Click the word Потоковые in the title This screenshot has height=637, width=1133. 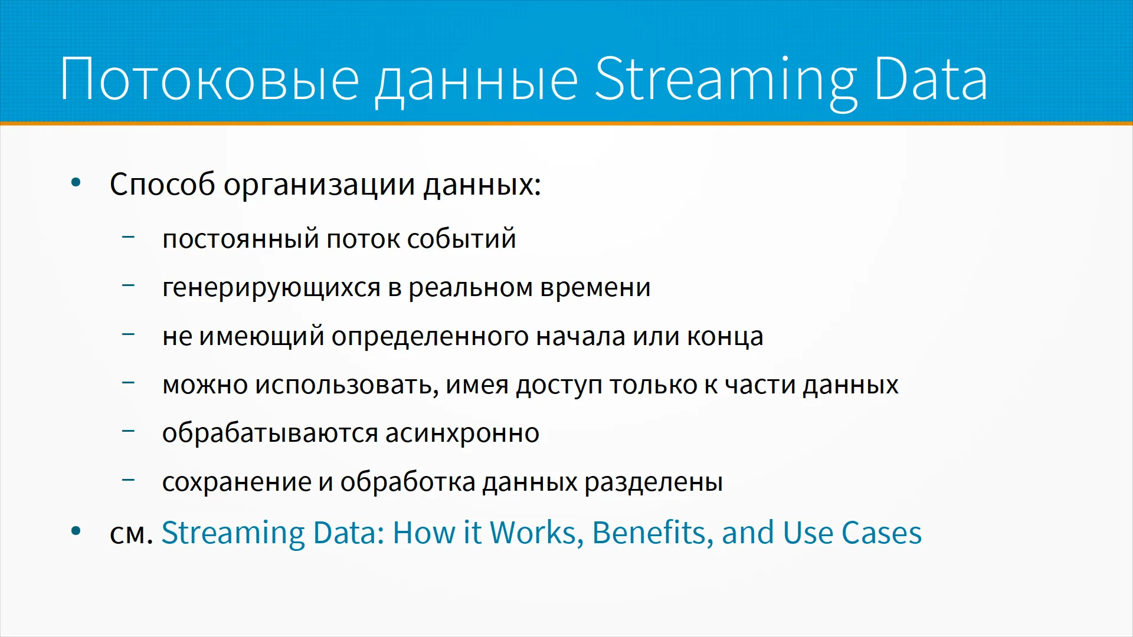(x=209, y=79)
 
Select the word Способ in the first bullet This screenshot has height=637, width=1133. (x=163, y=184)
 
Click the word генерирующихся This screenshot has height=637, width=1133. (x=271, y=288)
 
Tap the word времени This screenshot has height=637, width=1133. (x=595, y=288)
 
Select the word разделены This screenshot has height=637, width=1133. (x=653, y=482)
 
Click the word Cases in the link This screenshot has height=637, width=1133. (x=881, y=533)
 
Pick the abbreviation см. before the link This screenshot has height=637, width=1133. (x=132, y=534)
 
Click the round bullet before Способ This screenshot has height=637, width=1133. (x=76, y=182)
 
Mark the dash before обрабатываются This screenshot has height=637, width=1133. (x=128, y=431)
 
